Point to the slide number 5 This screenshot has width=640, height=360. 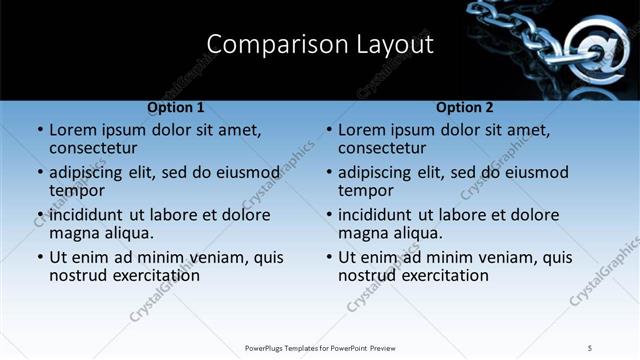pyautogui.click(x=590, y=347)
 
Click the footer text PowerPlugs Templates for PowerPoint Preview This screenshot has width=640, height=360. pyautogui.click(x=320, y=347)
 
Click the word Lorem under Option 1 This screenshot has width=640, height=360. pyautogui.click(x=74, y=130)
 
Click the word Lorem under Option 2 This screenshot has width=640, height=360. pyautogui.click(x=363, y=130)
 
